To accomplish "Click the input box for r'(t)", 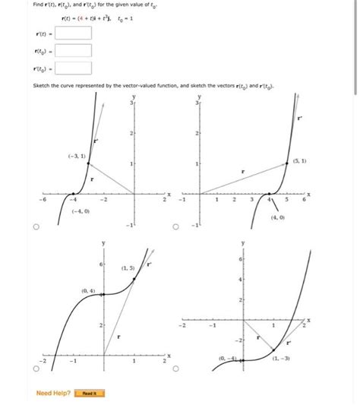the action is tap(73, 33).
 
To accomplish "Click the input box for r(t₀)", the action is tap(73, 50).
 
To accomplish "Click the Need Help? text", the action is tap(54, 393).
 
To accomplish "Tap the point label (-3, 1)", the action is tap(76, 156).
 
